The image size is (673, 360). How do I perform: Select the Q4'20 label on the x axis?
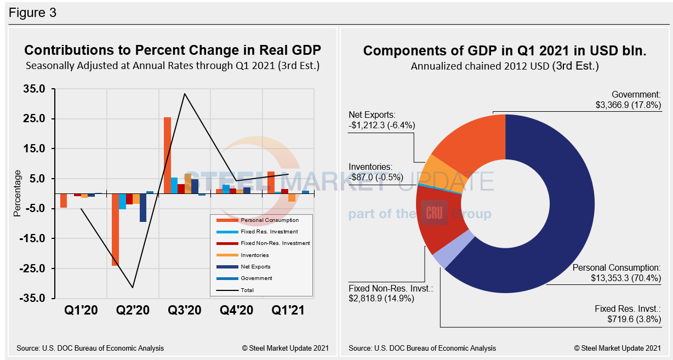tap(237, 310)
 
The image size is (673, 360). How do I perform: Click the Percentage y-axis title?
tap(17, 193)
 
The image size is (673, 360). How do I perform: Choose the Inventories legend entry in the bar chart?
tap(254, 255)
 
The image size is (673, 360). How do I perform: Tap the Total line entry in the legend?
tap(247, 290)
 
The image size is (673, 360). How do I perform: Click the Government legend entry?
tap(256, 278)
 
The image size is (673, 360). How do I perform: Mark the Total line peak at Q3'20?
tap(185, 94)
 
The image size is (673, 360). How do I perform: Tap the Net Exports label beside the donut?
tap(382, 120)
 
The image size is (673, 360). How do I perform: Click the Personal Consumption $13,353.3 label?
tap(616, 273)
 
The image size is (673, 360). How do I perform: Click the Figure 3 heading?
tap(32, 12)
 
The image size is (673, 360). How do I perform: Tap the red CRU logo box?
tap(435, 213)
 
